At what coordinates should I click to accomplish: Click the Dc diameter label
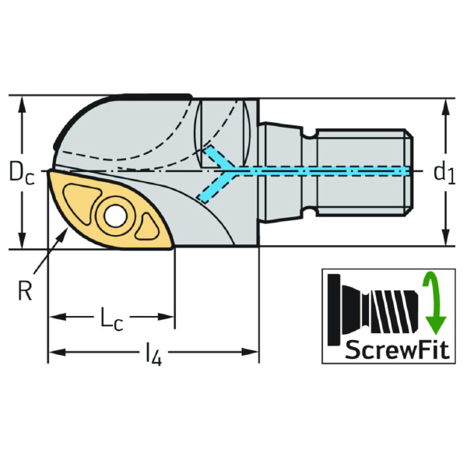(x=21, y=174)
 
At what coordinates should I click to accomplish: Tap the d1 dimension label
(x=444, y=173)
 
